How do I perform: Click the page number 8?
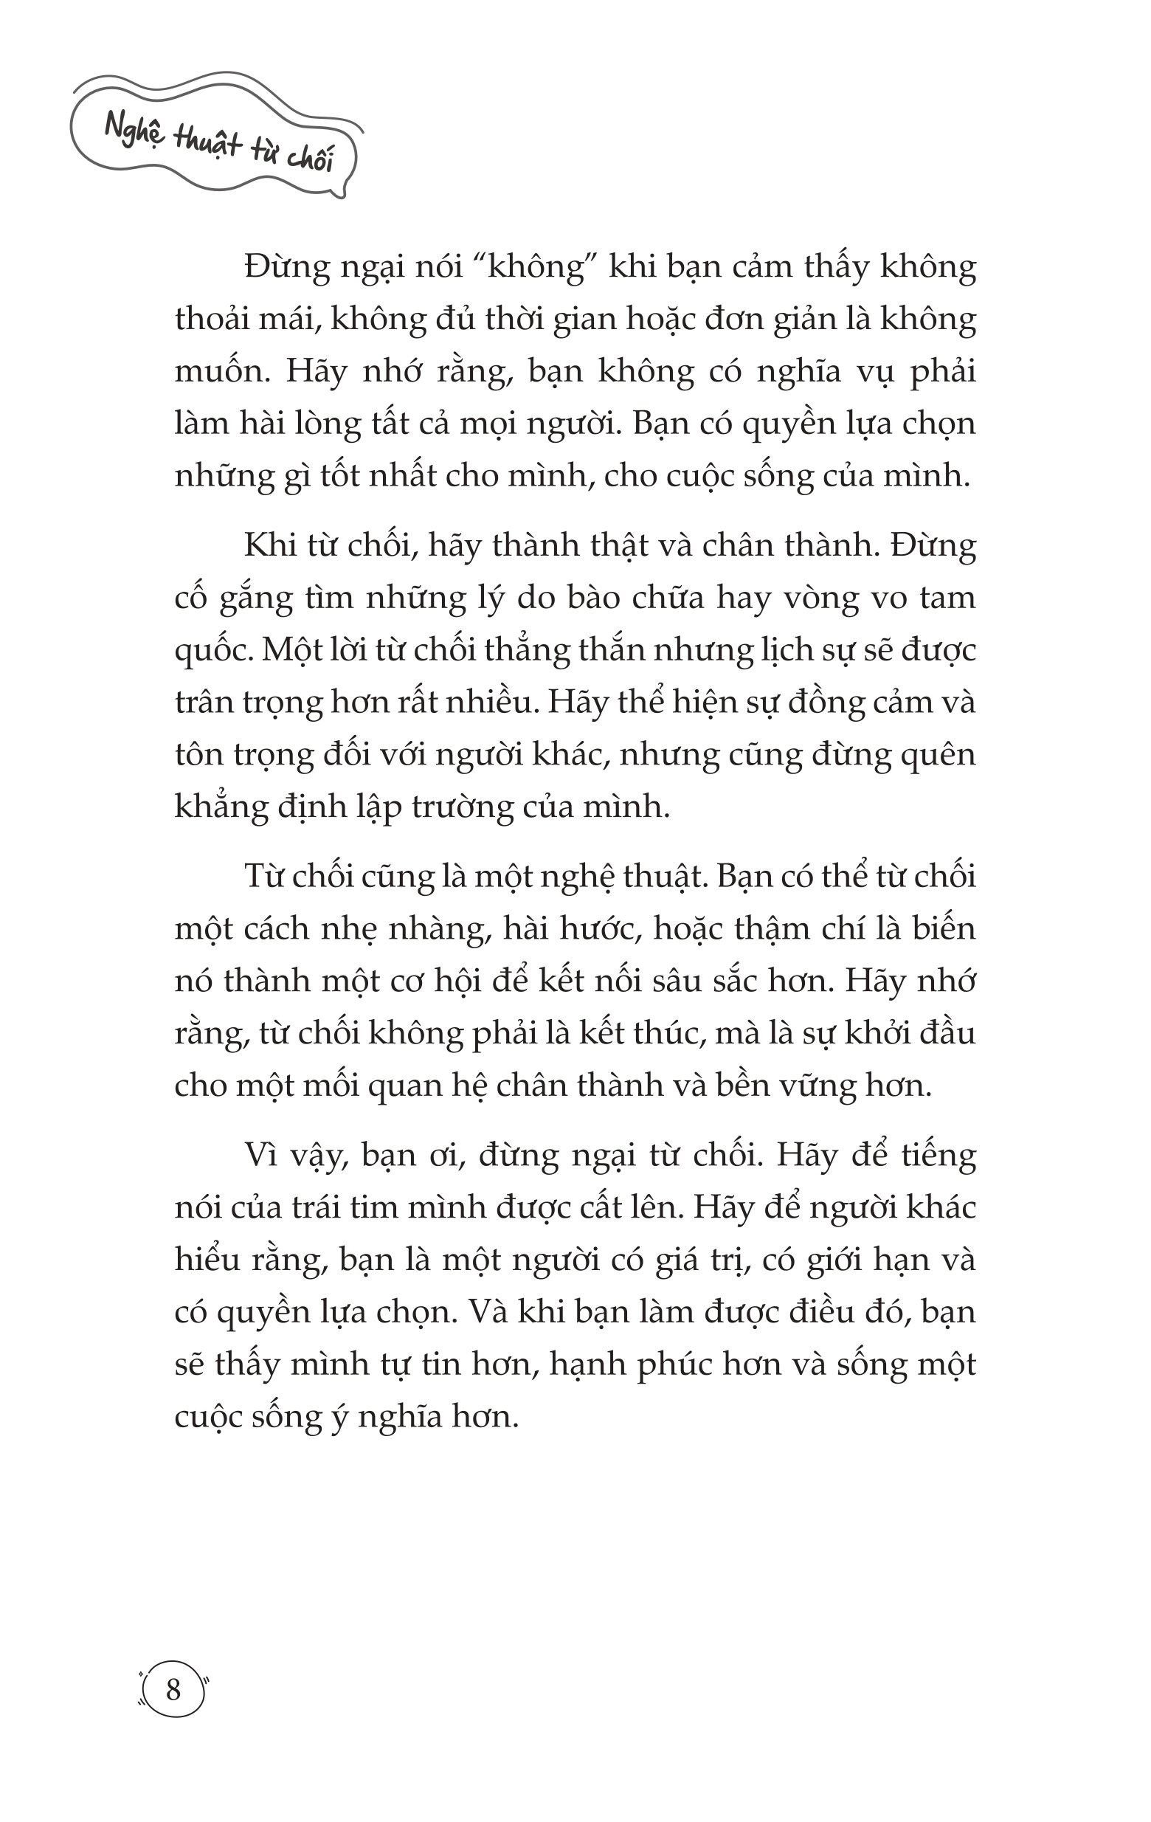point(173,1689)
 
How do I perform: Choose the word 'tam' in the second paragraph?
point(947,598)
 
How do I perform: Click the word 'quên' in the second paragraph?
point(938,755)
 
